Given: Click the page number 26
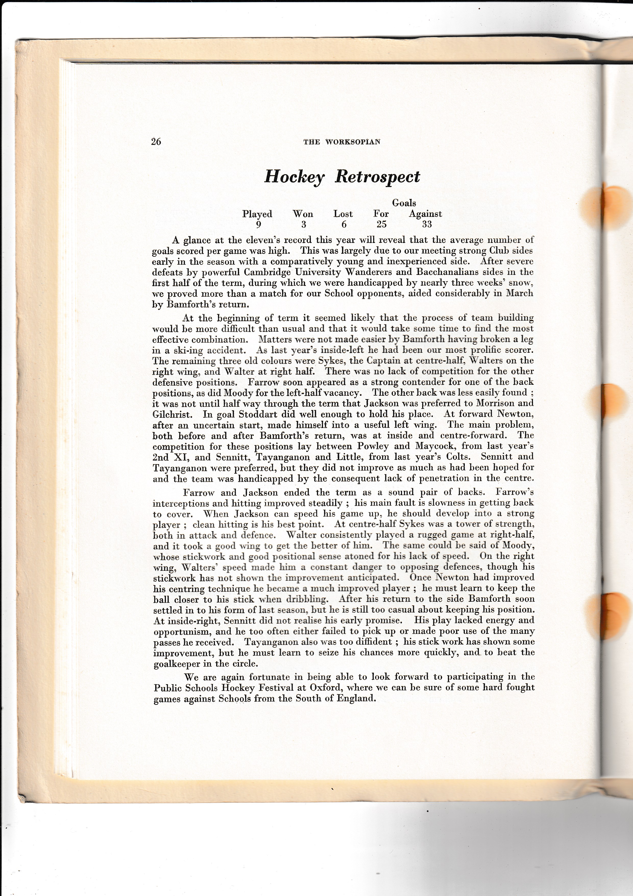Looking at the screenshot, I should click(x=156, y=141).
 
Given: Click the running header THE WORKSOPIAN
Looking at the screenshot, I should click(x=342, y=142).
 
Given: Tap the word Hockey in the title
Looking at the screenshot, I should click(x=294, y=177).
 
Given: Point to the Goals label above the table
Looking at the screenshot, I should click(x=404, y=203).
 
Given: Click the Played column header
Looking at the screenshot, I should click(x=257, y=214).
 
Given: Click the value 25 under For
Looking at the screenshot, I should click(x=381, y=224).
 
